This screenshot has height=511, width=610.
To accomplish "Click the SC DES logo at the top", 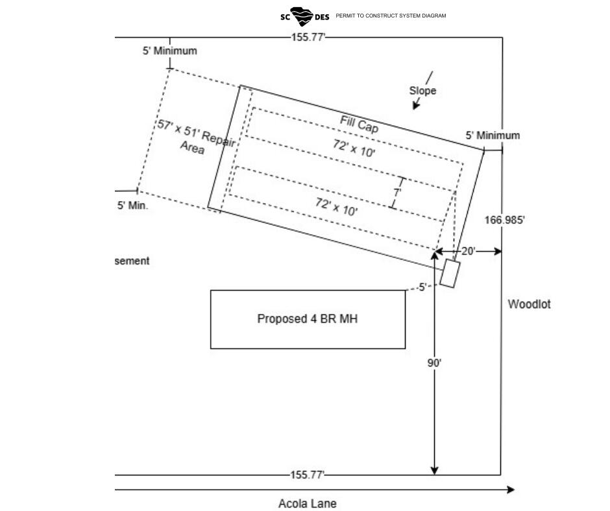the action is coord(304,16).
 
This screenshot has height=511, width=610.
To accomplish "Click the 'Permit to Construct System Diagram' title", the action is coord(391,16).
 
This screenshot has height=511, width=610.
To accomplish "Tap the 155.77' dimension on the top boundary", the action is coord(308,38).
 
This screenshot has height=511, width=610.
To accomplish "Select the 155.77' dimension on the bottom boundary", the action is coord(308,475).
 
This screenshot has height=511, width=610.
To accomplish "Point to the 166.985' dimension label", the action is coord(505,220).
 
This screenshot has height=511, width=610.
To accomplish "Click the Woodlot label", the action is coord(529,304).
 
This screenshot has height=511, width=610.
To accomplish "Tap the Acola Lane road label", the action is coord(308,503).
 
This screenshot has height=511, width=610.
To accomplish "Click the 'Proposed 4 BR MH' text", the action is coord(308,319).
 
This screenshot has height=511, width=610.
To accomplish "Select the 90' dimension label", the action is coord(434,363).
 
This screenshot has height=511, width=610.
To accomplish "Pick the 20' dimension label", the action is coord(469,251).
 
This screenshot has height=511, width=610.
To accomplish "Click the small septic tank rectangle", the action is coord(450,274).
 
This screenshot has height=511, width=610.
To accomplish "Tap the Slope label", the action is coord(422,91).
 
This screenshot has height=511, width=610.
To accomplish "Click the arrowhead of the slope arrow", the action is coord(415,106).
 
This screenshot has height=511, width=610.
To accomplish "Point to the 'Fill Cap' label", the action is coord(359,125).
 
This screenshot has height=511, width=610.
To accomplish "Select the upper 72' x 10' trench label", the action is coord(354,148).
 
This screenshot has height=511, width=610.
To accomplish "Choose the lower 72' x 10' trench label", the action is coord(337,206).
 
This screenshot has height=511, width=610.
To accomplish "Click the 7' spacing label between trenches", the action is coord(396,193).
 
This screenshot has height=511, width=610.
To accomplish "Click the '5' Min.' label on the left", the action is coord(132,206).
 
